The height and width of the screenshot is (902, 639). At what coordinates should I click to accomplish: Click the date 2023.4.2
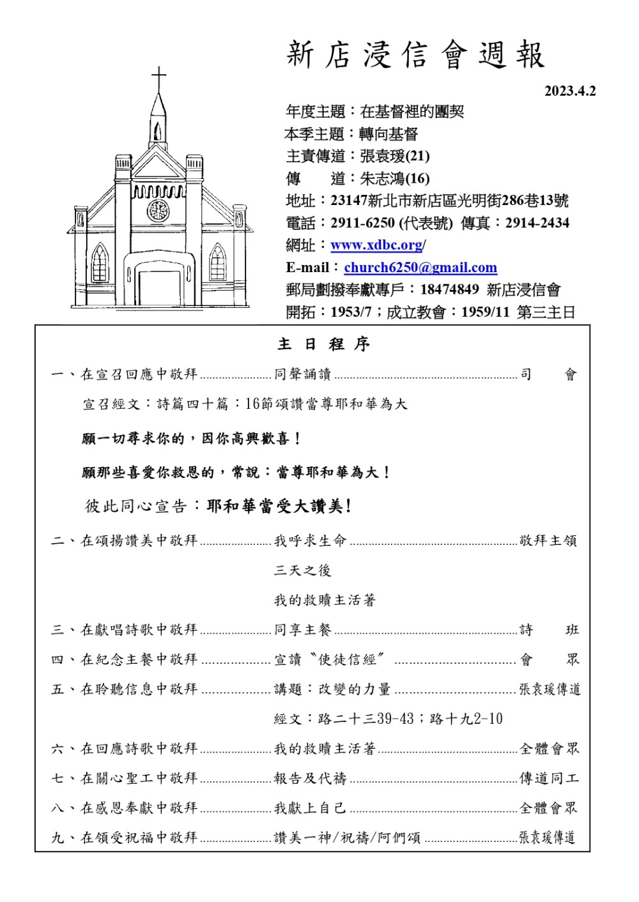[x=569, y=91]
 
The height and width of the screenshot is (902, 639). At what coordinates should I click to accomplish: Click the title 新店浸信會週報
[x=415, y=55]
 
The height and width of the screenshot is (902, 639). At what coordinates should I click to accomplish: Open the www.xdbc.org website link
[x=376, y=245]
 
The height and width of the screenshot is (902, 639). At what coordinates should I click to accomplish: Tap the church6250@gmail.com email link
[x=420, y=268]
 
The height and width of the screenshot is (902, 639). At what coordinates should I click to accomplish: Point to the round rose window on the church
[x=158, y=210]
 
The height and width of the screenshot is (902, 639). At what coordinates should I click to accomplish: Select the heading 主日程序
[x=323, y=344]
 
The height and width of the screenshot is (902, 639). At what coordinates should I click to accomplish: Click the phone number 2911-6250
[x=362, y=223]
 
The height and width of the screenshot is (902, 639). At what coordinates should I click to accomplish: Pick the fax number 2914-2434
[x=537, y=223]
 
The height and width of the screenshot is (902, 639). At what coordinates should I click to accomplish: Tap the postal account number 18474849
[x=449, y=290]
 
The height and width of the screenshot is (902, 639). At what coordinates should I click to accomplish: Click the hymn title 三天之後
[x=302, y=570]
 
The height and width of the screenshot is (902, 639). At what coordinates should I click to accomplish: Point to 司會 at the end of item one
[x=548, y=374]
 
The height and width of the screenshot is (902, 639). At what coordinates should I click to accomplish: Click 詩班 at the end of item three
[x=548, y=630]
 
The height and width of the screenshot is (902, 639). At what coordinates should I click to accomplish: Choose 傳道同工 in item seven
[x=548, y=779]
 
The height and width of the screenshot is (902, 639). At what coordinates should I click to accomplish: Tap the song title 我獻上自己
[x=310, y=808]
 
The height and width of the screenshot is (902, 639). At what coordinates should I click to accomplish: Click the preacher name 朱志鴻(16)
[x=394, y=178]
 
